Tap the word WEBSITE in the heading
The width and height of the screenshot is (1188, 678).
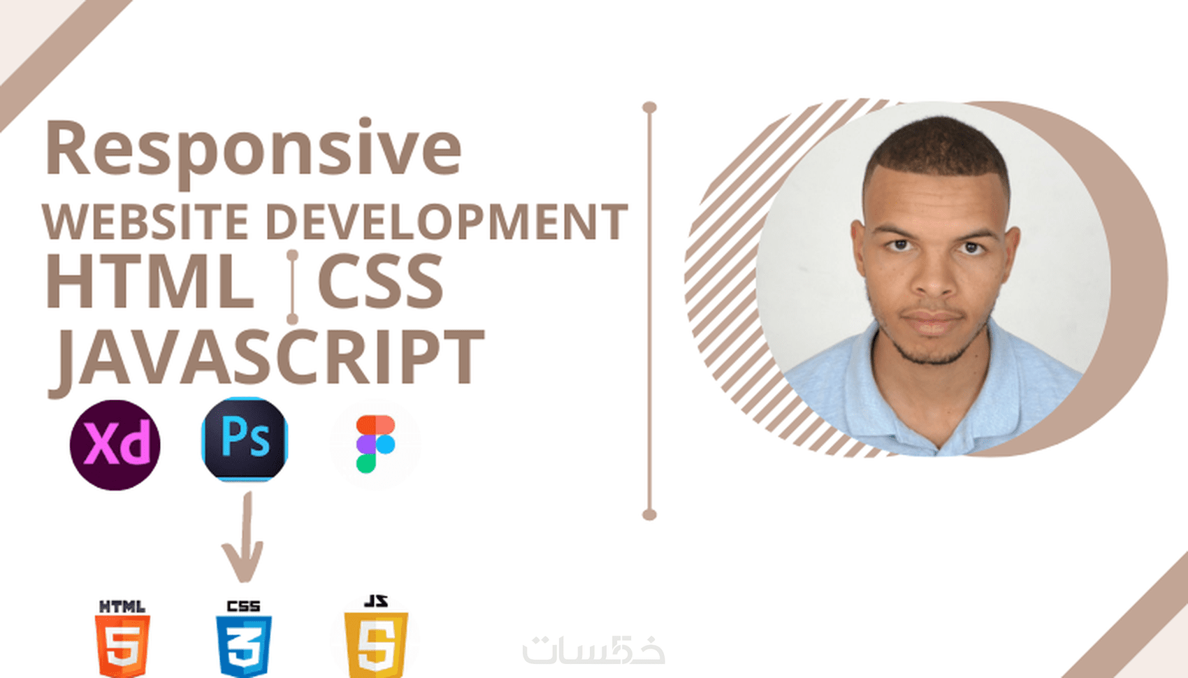(145, 222)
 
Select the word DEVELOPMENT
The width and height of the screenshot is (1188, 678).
(447, 222)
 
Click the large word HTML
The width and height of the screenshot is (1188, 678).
(150, 281)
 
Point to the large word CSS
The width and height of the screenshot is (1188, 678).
(380, 281)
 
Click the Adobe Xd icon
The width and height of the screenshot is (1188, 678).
(115, 445)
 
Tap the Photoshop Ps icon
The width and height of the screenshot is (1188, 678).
(245, 439)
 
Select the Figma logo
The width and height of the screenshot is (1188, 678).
(375, 444)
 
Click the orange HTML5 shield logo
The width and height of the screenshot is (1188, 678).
(122, 640)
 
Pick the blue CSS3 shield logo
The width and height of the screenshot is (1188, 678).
(244, 640)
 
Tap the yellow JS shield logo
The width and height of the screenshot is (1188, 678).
(376, 637)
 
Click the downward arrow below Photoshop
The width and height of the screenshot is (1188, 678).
(244, 537)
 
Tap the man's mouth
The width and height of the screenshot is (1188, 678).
(932, 320)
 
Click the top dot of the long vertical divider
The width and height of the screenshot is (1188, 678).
(650, 108)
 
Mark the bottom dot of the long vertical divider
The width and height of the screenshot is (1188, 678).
(650, 514)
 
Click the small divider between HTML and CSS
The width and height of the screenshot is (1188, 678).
(292, 287)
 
